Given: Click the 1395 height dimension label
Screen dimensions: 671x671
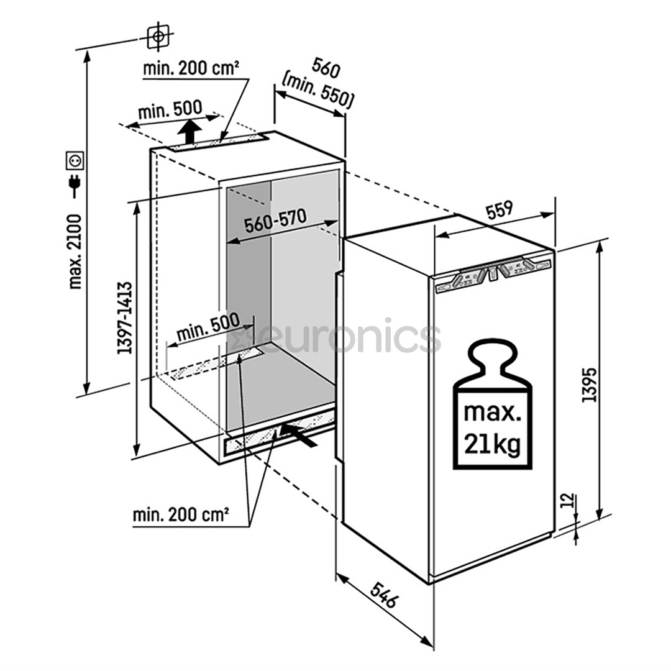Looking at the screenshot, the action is click(589, 385).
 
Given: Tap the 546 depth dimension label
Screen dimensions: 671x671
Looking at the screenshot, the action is click(384, 595).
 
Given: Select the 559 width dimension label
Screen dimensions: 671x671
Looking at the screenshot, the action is click(499, 210).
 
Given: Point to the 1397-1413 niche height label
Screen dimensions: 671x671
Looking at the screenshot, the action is click(124, 317).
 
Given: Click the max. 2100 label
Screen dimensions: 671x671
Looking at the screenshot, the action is click(75, 252).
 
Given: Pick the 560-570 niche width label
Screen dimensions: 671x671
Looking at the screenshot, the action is click(275, 220).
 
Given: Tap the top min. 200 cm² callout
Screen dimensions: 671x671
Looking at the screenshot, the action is click(191, 68).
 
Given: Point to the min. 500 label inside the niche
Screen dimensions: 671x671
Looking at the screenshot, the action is click(208, 327).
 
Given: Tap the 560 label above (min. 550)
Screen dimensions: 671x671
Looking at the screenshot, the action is click(326, 68).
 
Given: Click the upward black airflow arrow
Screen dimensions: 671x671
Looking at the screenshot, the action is click(189, 131).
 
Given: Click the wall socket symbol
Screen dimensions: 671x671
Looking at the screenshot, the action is click(75, 160).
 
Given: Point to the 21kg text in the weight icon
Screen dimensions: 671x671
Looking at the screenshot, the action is click(492, 444).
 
